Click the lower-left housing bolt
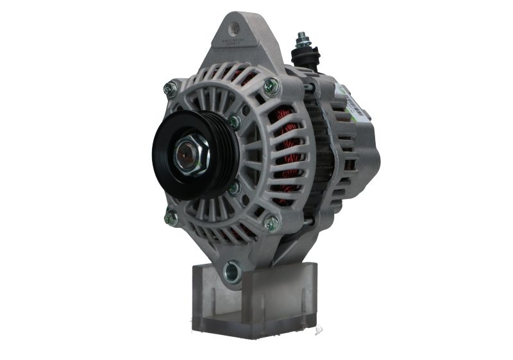tap(170, 216)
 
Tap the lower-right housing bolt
tap(274, 221)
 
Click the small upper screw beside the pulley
tap(235, 120)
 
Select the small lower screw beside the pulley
tap(235, 187)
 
